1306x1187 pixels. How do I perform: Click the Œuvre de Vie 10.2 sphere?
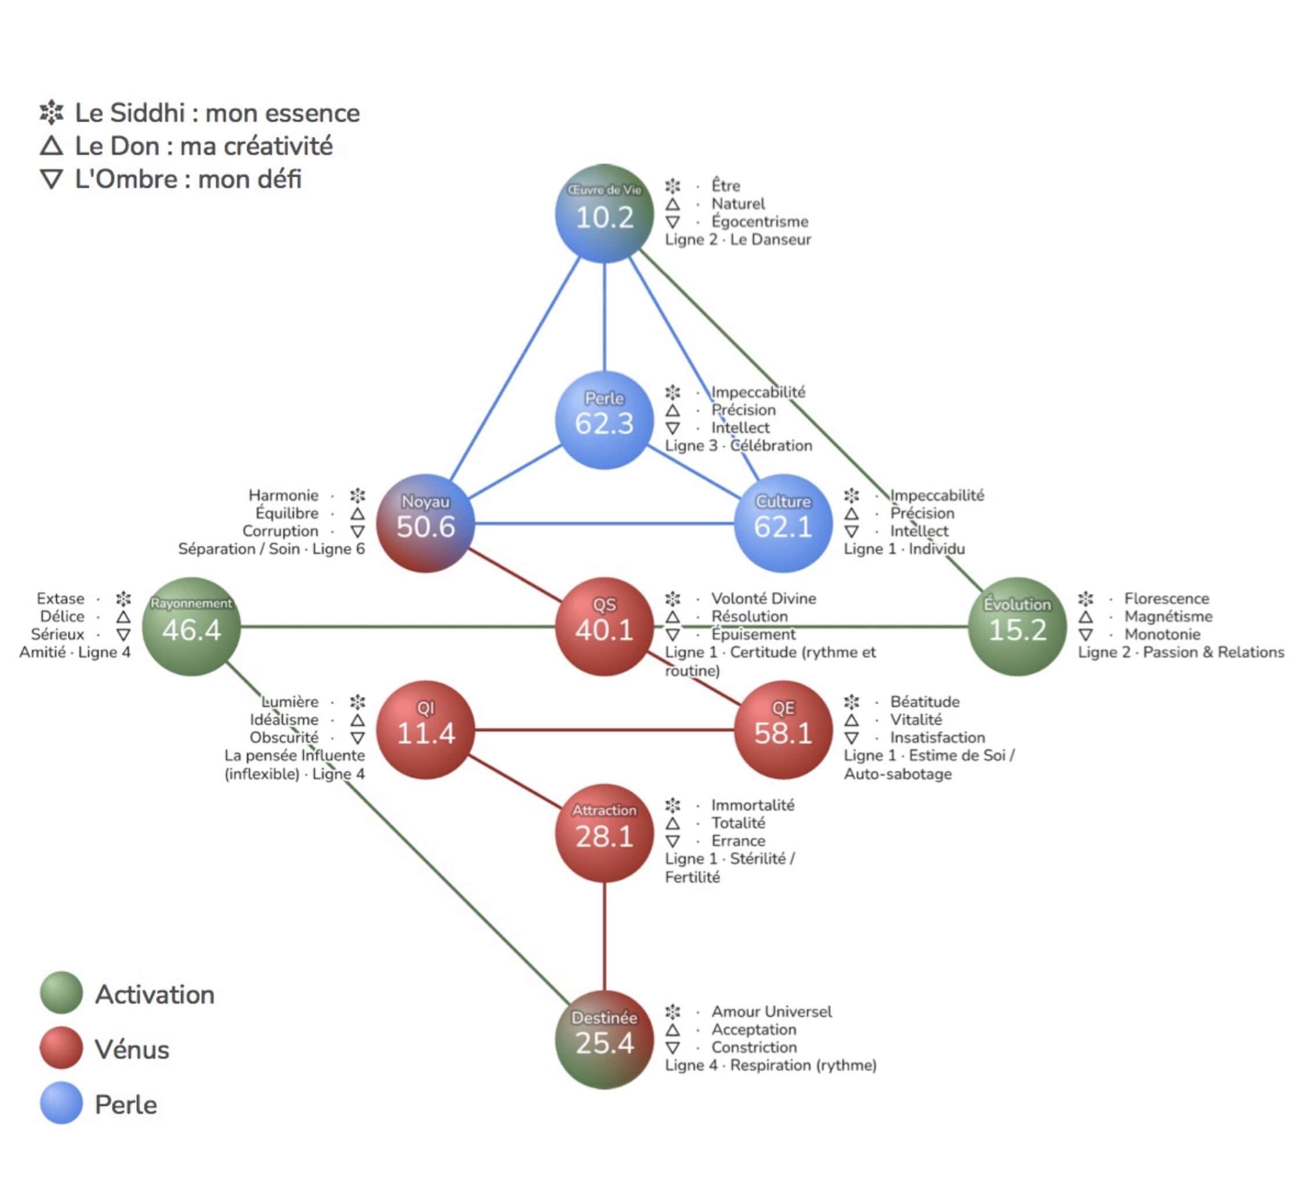(604, 214)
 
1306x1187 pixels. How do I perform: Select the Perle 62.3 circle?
(604, 420)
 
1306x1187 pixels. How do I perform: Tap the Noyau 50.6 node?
(426, 523)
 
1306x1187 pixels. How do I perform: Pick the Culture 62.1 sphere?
(783, 523)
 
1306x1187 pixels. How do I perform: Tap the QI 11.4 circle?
(426, 730)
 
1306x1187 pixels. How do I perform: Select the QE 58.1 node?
(783, 730)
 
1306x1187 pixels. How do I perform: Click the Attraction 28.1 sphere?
(604, 833)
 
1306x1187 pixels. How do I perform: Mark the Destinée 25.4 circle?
(604, 1039)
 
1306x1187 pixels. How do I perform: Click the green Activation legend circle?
(61, 992)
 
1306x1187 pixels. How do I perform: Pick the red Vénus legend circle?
(61, 1047)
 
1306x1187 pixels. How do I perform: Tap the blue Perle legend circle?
(61, 1102)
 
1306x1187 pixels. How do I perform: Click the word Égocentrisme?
(760, 221)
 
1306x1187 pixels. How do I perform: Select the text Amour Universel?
(771, 1011)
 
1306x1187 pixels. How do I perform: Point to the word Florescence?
(1166, 598)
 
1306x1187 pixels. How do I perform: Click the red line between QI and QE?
(604, 730)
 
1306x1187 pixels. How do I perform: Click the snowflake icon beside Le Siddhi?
(52, 112)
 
